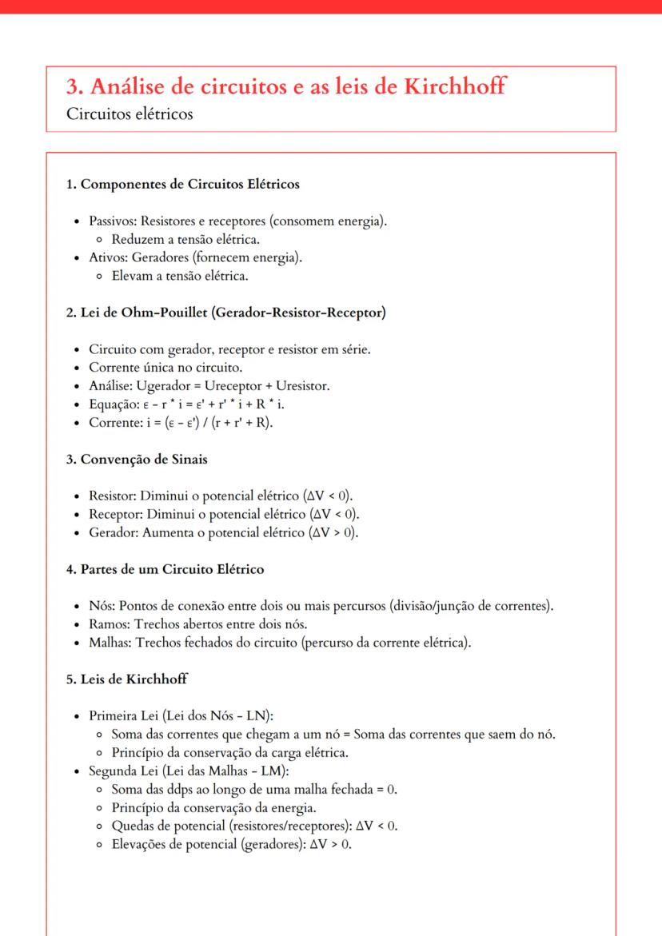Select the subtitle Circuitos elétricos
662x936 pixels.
(x=130, y=114)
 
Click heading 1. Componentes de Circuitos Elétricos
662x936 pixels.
(x=183, y=185)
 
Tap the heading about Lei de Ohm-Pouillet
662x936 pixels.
(x=226, y=313)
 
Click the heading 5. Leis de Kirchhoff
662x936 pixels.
(x=127, y=679)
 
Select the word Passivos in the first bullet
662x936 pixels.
(x=107, y=221)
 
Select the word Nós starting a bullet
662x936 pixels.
(x=99, y=606)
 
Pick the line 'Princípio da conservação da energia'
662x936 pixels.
(x=214, y=807)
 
